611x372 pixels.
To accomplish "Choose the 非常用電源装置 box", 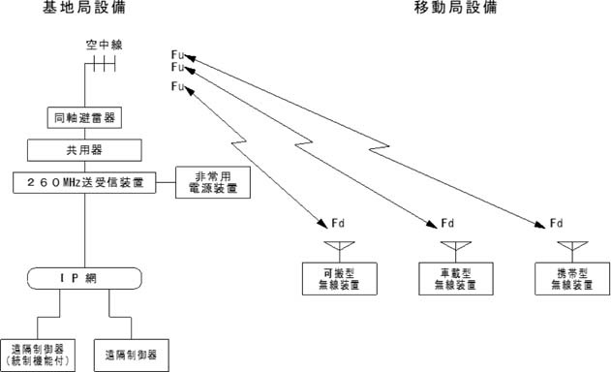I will [213, 182].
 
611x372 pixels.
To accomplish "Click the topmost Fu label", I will [176, 52].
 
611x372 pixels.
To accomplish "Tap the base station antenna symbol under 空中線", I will [100, 67].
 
